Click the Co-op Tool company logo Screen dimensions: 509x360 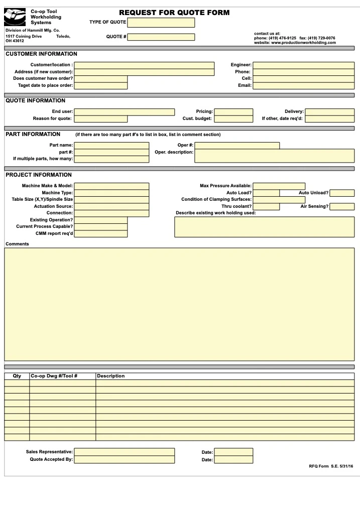pyautogui.click(x=15, y=18)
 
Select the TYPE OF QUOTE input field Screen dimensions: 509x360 pyautogui.click(x=161, y=23)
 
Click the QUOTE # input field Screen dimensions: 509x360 pyautogui.click(x=161, y=37)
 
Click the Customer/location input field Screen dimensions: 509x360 pyautogui.click(x=144, y=65)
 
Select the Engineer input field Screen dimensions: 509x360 pyautogui.click(x=303, y=65)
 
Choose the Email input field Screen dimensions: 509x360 pyautogui.click(x=303, y=85)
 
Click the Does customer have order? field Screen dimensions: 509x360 pyautogui.click(x=100, y=78)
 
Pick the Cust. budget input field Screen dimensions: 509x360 pyautogui.click(x=233, y=119)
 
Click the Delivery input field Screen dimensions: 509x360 pyautogui.click(x=329, y=112)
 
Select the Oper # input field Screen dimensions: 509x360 pyautogui.click(x=237, y=146)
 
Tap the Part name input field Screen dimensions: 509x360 pyautogui.click(x=111, y=146)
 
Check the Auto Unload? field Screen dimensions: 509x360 pyautogui.click(x=342, y=193)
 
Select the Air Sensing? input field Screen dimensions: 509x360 pyautogui.click(x=342, y=206)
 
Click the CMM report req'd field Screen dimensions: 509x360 pyautogui.click(x=100, y=233)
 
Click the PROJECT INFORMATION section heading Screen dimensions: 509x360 pyautogui.click(x=39, y=175)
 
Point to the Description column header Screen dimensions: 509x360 pyautogui.click(x=111, y=376)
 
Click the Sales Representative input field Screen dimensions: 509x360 pyautogui.click(x=124, y=452)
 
